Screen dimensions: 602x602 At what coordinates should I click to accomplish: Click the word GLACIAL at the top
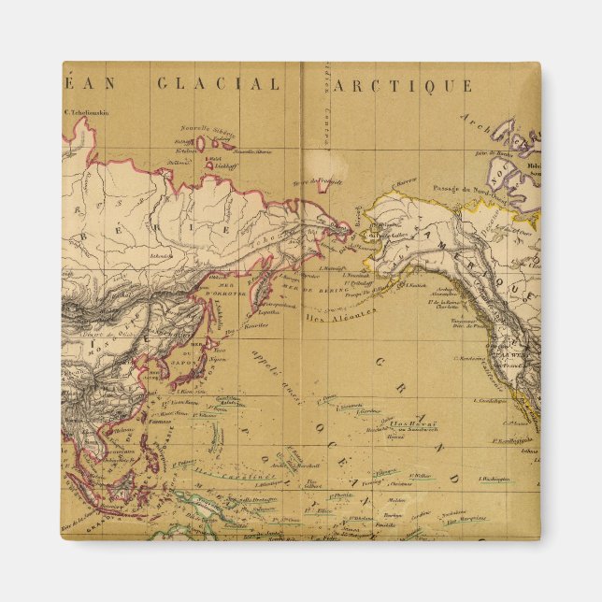point(218,84)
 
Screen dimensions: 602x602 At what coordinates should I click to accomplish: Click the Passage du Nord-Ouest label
point(460,188)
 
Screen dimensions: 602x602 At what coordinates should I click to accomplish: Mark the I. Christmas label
point(408,485)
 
